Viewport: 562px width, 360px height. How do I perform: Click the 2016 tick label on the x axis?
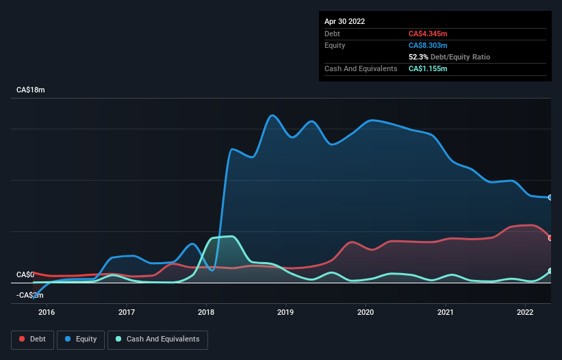coord(47,313)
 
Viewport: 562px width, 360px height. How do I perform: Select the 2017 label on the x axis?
coord(127,313)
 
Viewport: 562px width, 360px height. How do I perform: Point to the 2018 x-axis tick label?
coord(206,313)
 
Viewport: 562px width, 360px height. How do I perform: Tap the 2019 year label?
coord(286,313)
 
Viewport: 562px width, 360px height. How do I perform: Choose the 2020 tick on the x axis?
coord(366,313)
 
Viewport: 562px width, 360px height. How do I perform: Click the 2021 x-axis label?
coord(446,313)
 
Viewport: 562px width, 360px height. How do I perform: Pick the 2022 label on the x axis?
coord(525,313)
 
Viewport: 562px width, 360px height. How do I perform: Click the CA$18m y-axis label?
coord(30,90)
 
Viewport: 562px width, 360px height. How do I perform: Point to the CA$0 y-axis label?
coord(25,274)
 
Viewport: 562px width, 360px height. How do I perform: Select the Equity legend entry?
coord(81,339)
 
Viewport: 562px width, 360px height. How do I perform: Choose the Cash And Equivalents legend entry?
coord(157,339)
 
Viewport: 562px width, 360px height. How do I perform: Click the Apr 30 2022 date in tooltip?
coord(344,21)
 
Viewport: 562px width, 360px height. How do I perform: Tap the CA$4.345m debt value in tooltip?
coord(428,34)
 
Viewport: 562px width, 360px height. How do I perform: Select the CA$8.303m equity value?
coord(428,45)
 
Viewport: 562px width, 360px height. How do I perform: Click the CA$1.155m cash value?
coord(428,68)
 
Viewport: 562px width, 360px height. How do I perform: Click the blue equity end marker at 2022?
coord(550,197)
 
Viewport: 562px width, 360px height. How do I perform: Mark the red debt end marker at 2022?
coord(550,237)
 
